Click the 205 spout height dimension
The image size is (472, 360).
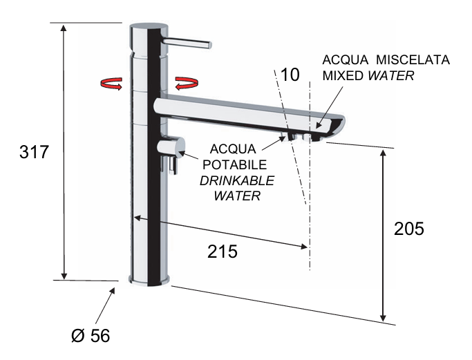(408, 229)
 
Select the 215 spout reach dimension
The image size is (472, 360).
(223, 252)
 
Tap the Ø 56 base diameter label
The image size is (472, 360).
(91, 335)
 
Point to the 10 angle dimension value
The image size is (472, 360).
(290, 75)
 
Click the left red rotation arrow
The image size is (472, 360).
(111, 84)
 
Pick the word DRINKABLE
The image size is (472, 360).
(236, 180)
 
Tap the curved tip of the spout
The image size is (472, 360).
(337, 126)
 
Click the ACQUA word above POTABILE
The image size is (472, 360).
(235, 149)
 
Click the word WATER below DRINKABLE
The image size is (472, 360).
(236, 196)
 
